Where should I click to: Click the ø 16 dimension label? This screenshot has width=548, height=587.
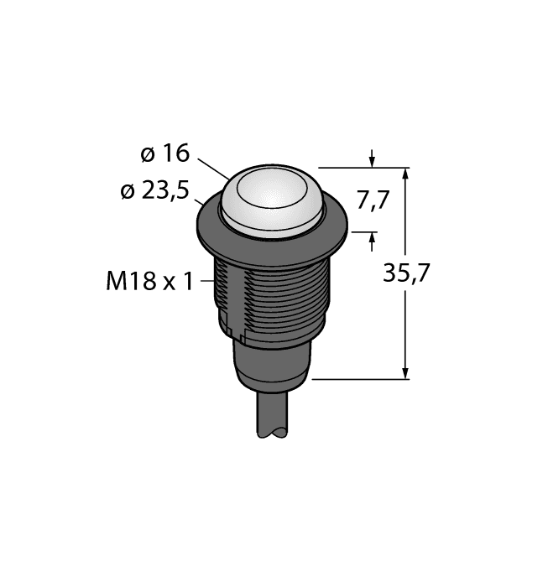click(x=165, y=154)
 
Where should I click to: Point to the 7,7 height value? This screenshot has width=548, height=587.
click(x=373, y=200)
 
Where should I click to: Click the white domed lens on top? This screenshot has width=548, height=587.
click(x=274, y=196)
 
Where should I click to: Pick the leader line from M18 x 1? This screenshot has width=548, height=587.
click(x=208, y=282)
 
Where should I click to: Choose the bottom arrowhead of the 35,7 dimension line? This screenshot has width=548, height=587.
click(x=407, y=372)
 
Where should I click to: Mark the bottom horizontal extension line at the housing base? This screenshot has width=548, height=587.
click(x=361, y=379)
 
